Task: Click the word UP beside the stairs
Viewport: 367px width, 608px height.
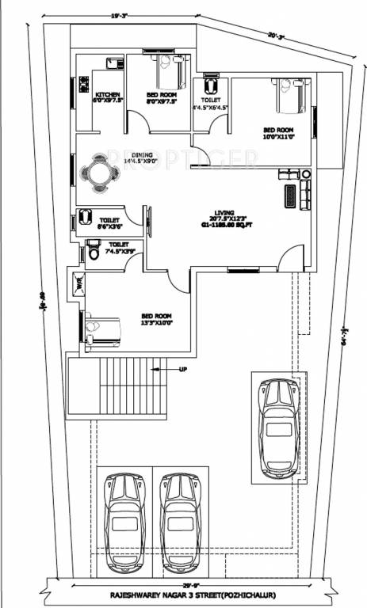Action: (184, 370)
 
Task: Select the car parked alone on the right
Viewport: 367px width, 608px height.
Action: (278, 427)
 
